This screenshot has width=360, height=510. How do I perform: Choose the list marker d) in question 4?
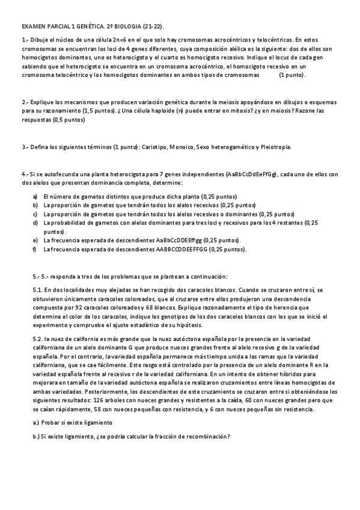[35, 223]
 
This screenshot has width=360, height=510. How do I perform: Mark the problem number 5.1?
[37, 290]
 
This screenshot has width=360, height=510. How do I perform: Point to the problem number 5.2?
[37, 339]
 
